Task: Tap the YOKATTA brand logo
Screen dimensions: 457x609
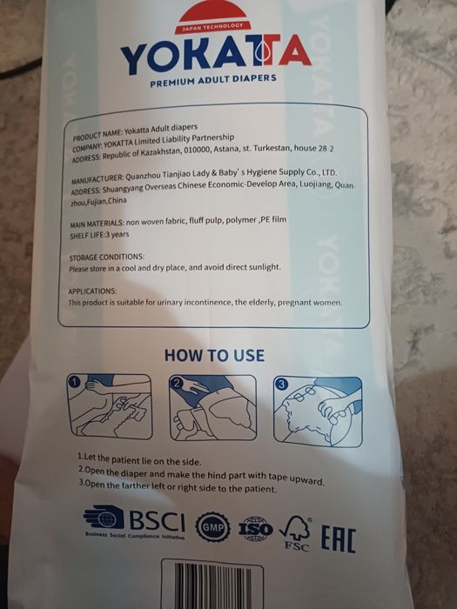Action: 216,54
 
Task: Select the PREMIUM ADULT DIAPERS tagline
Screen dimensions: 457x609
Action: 213,80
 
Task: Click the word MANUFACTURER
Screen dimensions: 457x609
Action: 97,179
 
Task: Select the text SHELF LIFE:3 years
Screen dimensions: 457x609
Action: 99,235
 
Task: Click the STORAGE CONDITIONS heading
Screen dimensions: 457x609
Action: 106,258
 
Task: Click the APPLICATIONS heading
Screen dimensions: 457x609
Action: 92,291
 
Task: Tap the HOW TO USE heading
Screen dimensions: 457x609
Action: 214,355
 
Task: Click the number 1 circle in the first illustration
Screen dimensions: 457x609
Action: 75,383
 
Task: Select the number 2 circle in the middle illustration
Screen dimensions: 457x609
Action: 177,384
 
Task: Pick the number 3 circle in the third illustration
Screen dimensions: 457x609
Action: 281,385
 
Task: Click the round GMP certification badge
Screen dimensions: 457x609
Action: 212,527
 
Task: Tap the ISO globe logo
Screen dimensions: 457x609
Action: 255,529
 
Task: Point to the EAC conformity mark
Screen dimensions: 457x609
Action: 338,539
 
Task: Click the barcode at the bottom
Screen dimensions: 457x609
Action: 212,586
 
